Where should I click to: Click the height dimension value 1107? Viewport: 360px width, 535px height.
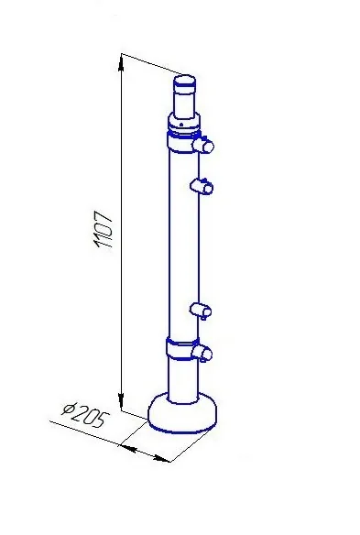coord(103,229)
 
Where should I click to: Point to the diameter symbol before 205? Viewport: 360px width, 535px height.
coord(69,409)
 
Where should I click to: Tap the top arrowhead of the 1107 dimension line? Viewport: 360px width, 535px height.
coord(121,64)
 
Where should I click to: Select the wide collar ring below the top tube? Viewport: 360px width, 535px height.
coord(184,124)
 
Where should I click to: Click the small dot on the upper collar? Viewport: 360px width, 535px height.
coord(182,124)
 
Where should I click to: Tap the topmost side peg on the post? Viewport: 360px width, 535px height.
coord(203,146)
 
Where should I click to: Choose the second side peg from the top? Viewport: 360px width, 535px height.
coord(202,186)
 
